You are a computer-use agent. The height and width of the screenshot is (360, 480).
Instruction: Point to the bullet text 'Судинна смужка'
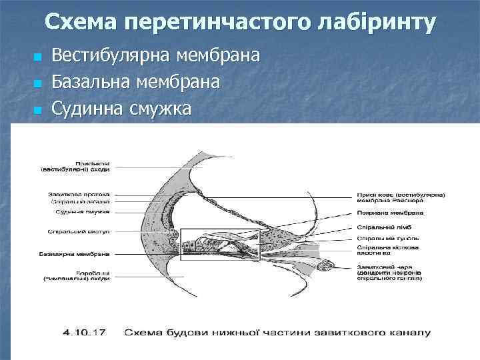coord(121,108)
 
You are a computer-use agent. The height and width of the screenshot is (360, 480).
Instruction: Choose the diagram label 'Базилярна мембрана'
coord(79,254)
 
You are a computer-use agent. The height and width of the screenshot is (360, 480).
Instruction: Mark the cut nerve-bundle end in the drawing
coord(331,271)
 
